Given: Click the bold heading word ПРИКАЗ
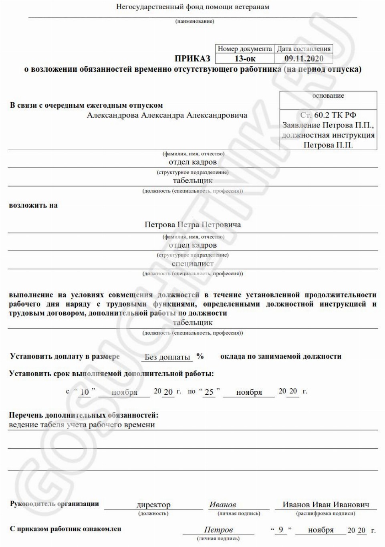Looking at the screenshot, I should tap(192, 59).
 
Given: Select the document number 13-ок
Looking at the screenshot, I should tap(245, 59).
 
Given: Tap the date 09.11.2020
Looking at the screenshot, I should tap(304, 59).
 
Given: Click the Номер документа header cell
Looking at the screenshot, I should tap(245, 49).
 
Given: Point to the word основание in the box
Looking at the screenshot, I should tap(328, 96).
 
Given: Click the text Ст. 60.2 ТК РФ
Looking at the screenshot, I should tap(328, 115).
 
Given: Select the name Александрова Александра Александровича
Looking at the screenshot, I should tap(167, 115).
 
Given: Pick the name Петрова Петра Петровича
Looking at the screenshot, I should tap(193, 225).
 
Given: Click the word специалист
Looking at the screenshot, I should tap(193, 264).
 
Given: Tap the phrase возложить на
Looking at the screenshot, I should tap(33, 206).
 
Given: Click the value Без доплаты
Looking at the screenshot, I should tap(167, 357).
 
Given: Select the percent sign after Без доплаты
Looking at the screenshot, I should tap(200, 356).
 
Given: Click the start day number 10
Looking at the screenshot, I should tap(85, 392).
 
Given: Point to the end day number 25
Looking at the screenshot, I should tap(209, 392).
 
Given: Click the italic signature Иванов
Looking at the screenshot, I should tap(223, 505).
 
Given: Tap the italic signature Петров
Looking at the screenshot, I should tap(218, 530).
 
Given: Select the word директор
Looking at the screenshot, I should tap(153, 505).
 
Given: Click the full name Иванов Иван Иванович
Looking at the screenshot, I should tap(326, 505).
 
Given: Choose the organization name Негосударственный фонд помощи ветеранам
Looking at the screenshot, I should tap(193, 7).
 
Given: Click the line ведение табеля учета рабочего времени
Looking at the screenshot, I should tap(82, 425).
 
